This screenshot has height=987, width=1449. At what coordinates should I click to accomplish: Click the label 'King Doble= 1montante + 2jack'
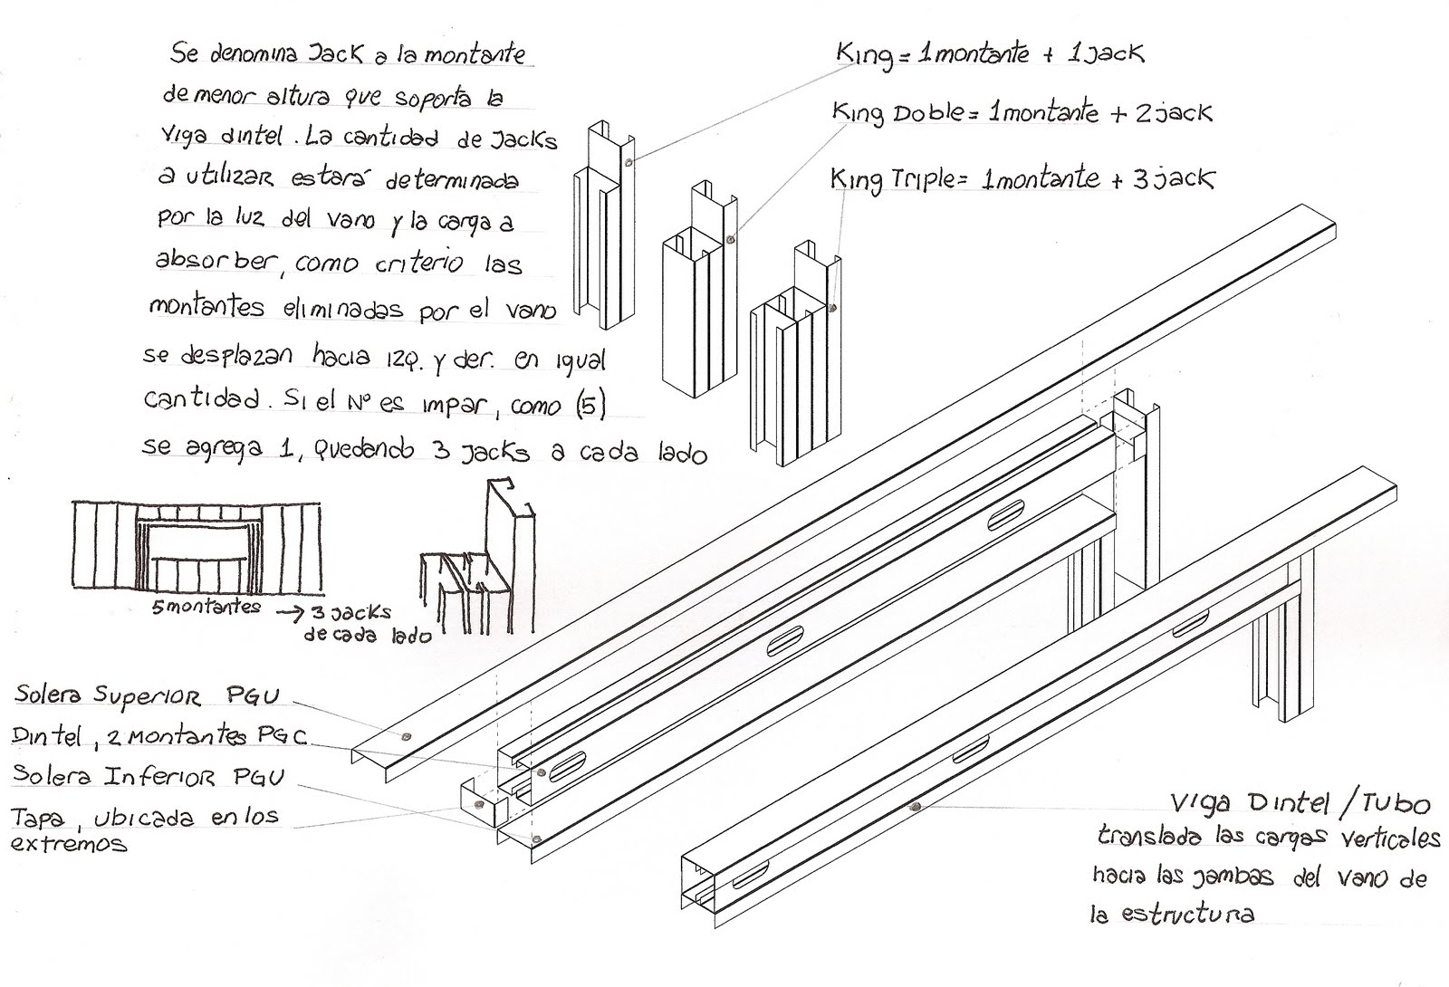1022,113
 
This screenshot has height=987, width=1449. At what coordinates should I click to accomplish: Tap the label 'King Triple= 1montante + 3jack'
1022,178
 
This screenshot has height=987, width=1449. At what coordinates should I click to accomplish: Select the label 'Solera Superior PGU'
148,695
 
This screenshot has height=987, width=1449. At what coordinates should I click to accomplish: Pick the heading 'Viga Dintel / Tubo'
1300,803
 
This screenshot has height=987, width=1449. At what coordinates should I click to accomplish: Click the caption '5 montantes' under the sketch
206,608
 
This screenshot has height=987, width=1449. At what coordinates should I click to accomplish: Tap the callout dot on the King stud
629,163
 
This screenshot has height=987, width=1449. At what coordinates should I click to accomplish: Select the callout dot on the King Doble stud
730,241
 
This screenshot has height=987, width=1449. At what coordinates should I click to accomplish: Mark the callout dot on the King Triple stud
832,308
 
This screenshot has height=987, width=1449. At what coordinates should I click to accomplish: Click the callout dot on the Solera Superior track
405,736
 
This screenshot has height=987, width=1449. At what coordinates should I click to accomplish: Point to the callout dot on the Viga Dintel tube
916,805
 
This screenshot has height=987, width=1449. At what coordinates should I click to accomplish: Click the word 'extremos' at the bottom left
69,844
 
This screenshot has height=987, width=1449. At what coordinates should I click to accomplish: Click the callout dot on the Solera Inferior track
537,838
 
